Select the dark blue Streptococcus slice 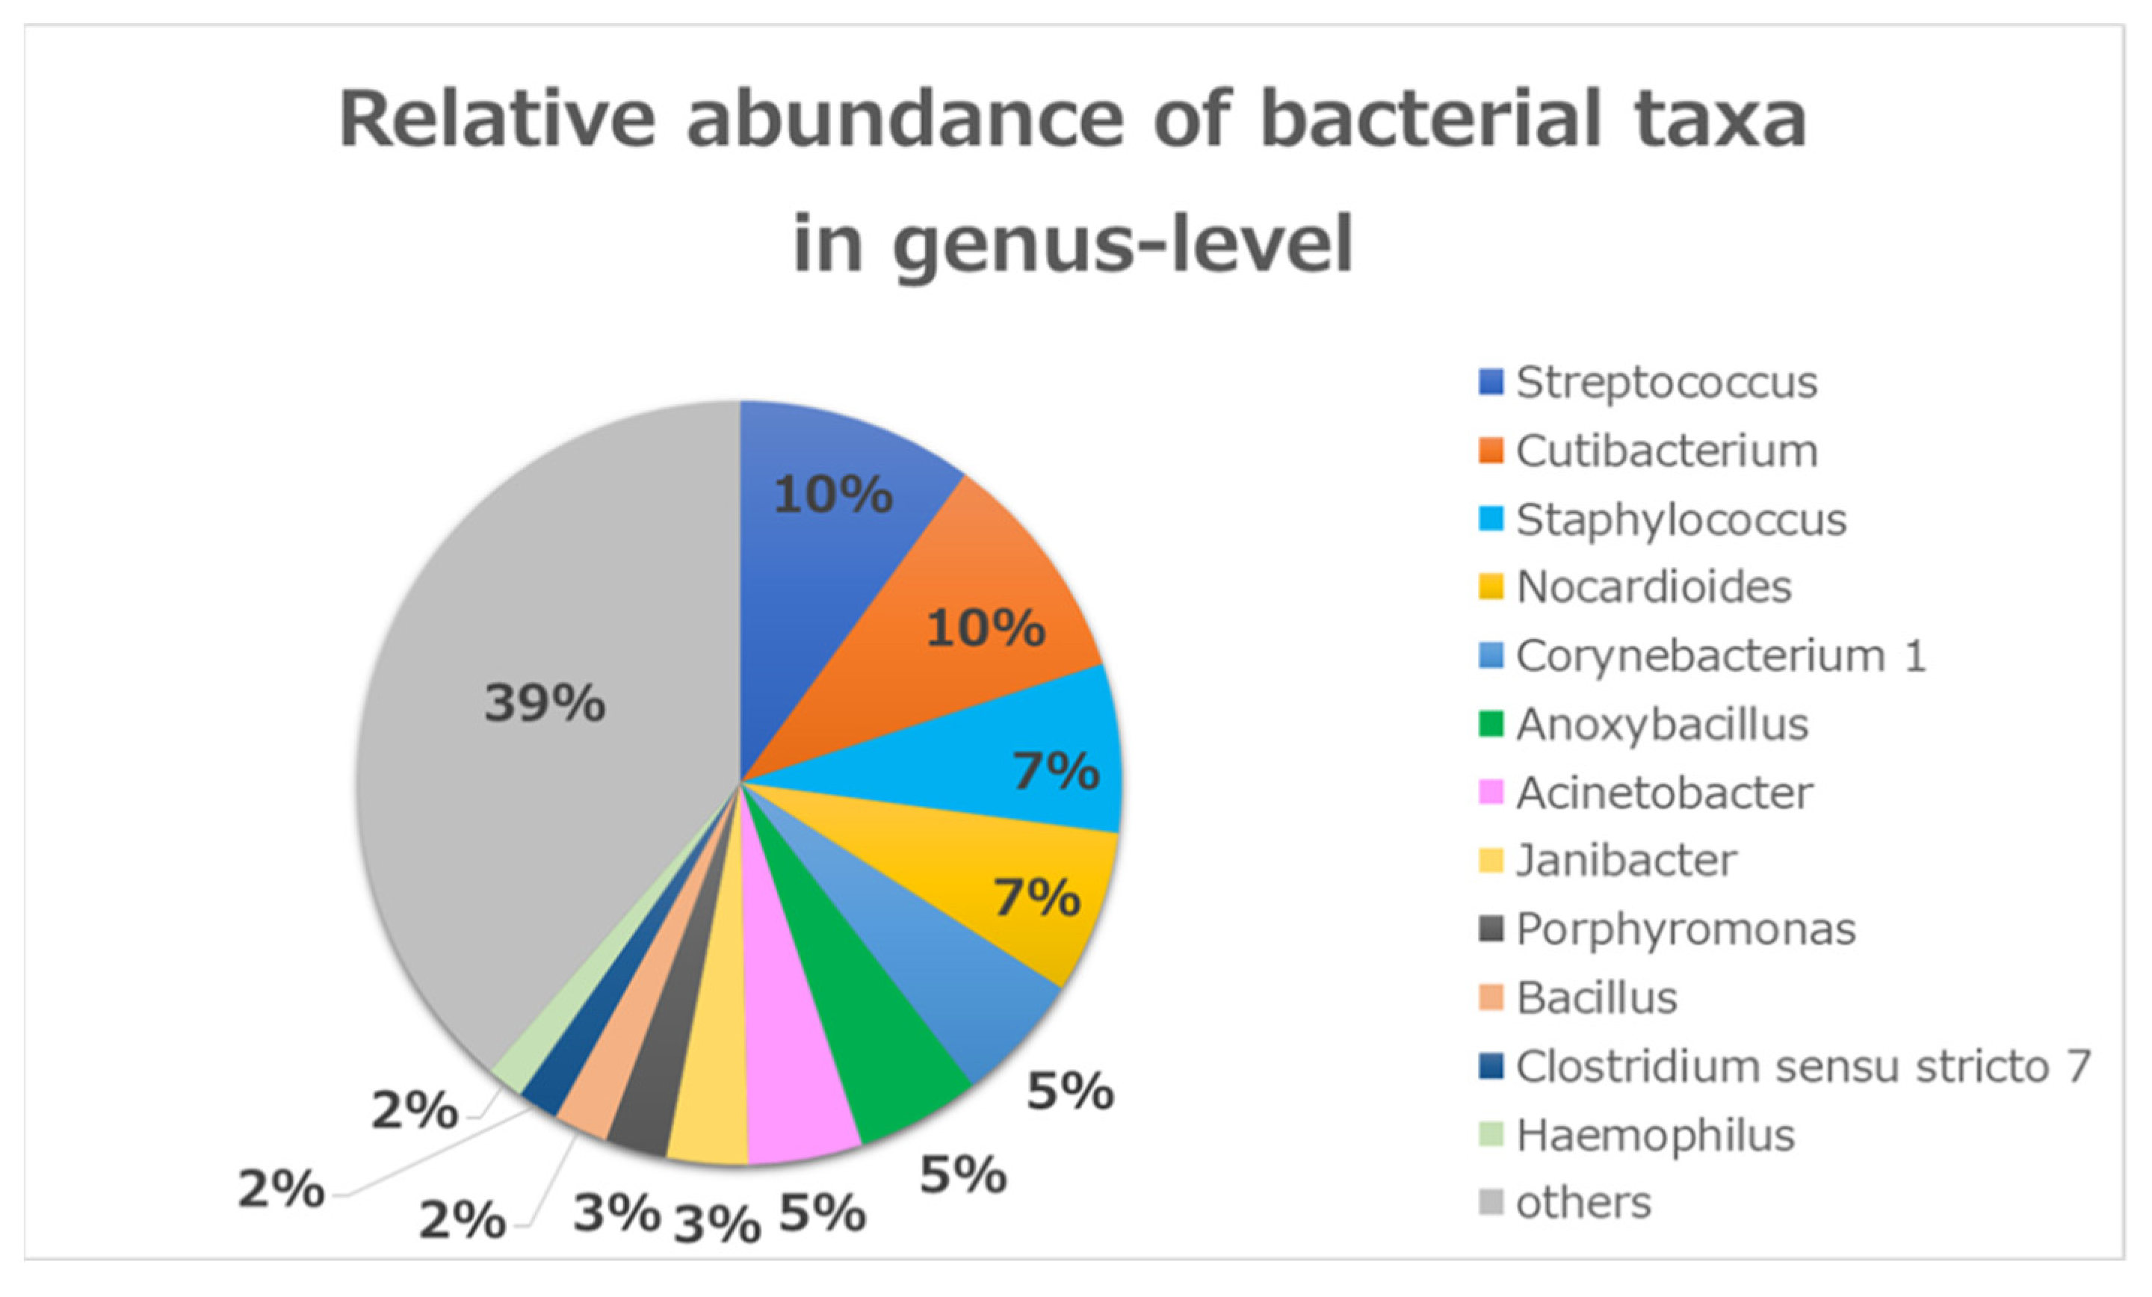pyautogui.click(x=812, y=568)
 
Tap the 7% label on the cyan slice pyautogui.click(x=1055, y=770)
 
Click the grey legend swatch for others pyautogui.click(x=1491, y=1204)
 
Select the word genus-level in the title pyautogui.click(x=1122, y=244)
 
